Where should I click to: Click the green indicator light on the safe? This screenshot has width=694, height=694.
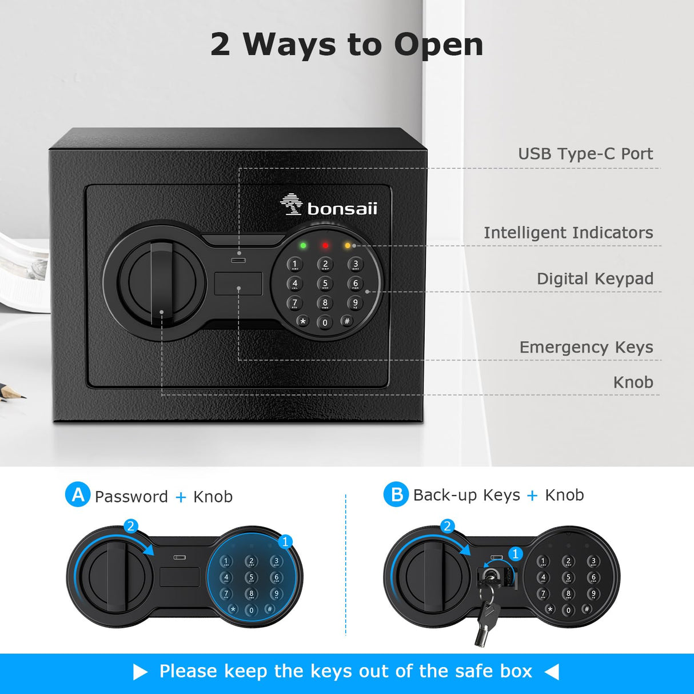(303, 246)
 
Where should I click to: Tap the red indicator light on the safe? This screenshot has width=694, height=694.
(325, 246)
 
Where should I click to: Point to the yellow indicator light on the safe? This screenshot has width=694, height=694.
(348, 246)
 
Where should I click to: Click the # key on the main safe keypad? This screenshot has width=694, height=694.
(347, 321)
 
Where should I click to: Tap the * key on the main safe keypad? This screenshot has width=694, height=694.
(303, 321)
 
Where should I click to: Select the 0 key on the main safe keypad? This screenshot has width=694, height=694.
(325, 322)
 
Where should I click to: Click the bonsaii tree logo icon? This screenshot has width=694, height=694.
(292, 204)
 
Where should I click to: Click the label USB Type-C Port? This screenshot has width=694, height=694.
(585, 154)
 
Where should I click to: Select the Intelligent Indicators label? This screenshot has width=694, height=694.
(568, 233)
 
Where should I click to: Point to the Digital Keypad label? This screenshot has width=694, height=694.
(595, 278)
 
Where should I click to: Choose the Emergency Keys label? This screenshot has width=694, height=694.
(586, 347)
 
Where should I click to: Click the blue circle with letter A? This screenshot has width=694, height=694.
(78, 494)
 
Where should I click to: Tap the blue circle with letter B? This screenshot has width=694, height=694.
(396, 494)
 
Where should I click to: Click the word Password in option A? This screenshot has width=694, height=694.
(131, 497)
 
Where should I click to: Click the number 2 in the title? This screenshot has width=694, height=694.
(220, 45)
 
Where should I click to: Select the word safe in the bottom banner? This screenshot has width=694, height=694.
(474, 671)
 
